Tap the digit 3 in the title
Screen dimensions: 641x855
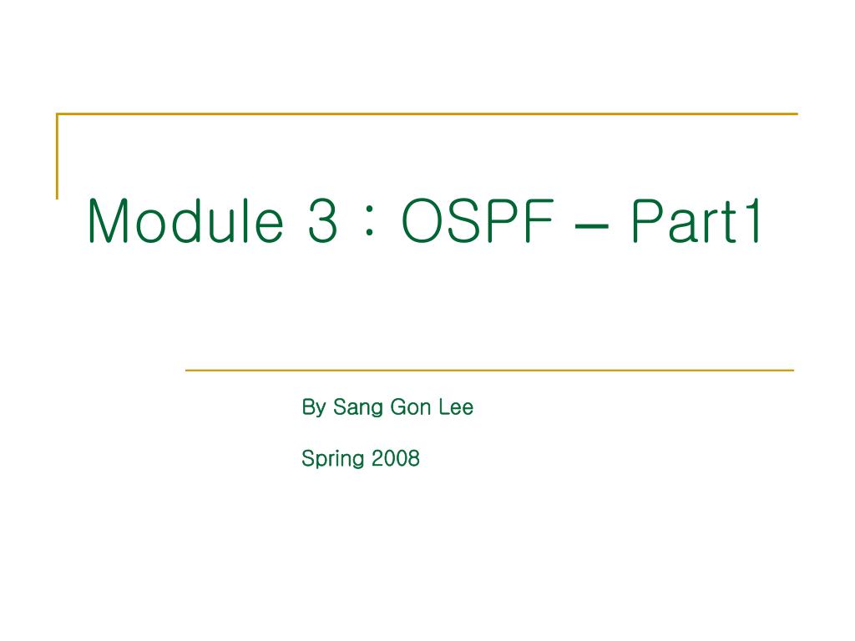[321, 222]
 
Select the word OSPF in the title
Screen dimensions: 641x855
[478, 222]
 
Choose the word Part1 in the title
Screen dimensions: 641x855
[696, 222]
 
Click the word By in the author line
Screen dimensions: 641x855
[312, 408]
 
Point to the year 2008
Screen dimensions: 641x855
[396, 458]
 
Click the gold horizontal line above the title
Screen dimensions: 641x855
[427, 114]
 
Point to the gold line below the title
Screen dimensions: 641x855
[488, 370]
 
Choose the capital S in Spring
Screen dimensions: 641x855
[307, 458]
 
